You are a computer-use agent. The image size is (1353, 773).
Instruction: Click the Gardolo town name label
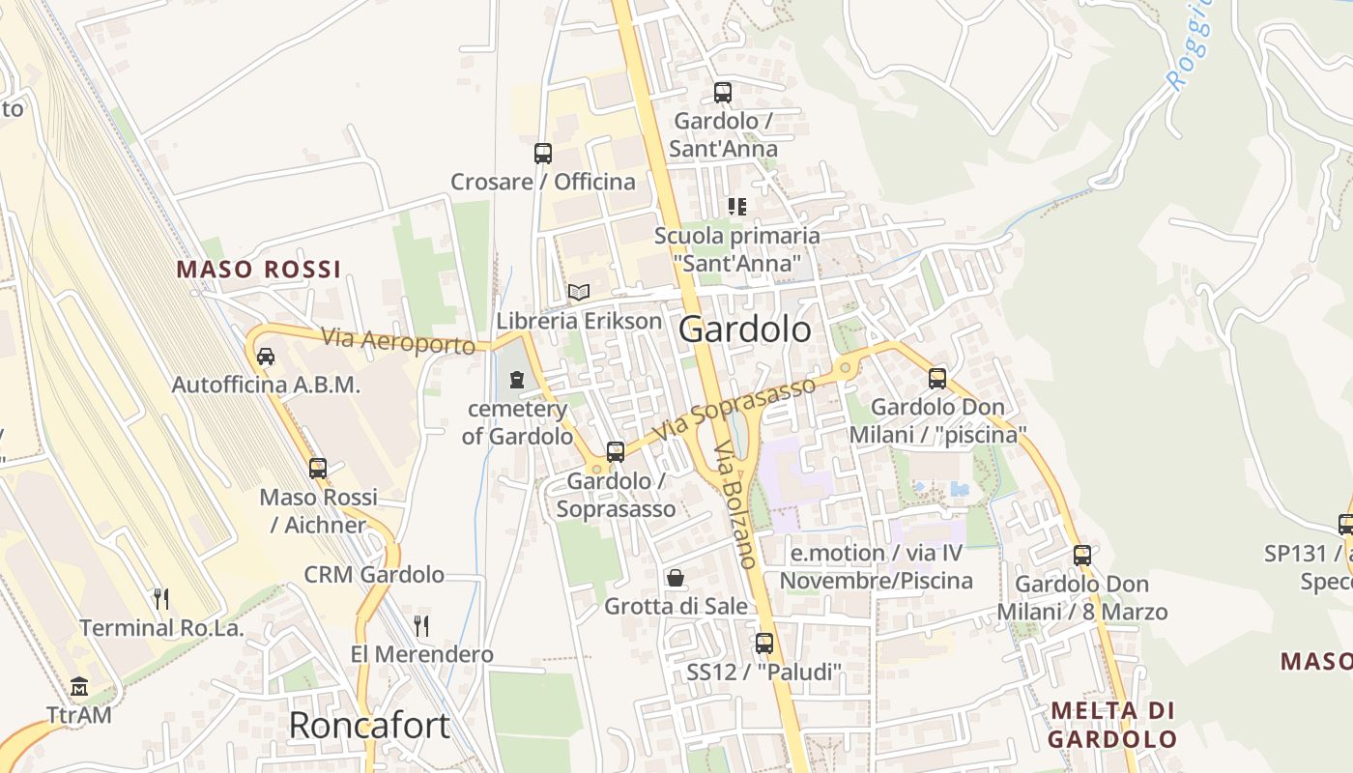tap(745, 329)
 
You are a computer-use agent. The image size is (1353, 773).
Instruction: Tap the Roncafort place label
tap(369, 725)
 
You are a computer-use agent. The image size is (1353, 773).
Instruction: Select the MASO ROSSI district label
tap(259, 270)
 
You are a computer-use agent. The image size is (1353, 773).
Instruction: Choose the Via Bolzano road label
tap(734, 504)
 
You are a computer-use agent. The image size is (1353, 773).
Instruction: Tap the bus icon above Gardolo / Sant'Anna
tap(723, 93)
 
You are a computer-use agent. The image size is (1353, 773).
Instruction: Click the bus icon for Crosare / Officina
tap(543, 153)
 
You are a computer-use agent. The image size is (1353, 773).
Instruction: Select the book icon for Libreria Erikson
tap(579, 292)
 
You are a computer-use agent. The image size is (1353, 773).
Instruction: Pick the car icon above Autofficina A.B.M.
tap(266, 356)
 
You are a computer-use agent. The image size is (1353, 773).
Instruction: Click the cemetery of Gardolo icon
tap(517, 379)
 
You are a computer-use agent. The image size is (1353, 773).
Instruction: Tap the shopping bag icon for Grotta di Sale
tap(676, 578)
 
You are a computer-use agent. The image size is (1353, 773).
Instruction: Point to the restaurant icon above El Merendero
tap(421, 625)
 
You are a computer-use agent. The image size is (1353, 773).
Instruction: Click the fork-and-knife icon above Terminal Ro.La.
tap(161, 599)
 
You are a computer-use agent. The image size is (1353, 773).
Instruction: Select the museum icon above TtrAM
tap(79, 687)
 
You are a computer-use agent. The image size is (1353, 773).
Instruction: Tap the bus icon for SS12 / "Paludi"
tap(764, 643)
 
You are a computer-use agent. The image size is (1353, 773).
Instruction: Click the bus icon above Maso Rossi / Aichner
tap(318, 469)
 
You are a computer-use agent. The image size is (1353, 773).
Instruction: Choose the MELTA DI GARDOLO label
tap(1112, 725)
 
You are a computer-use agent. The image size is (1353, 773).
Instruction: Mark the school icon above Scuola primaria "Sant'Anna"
tap(737, 207)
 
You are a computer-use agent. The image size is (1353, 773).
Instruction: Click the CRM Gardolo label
tap(374, 575)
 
